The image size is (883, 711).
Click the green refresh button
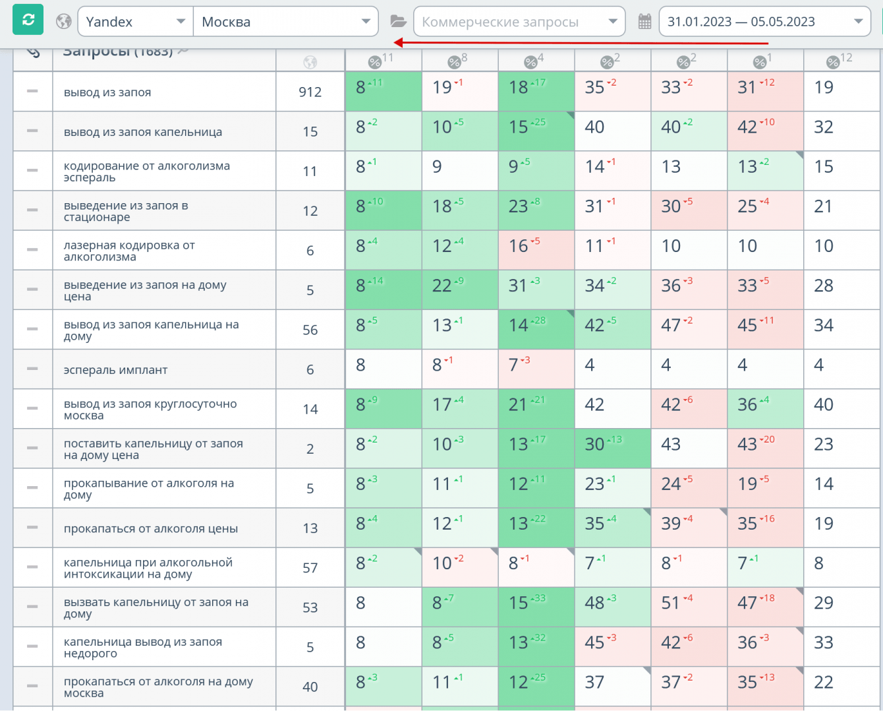(x=28, y=20)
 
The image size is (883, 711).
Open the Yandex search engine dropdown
(x=135, y=22)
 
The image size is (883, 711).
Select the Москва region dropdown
(x=285, y=22)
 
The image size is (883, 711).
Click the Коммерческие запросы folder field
(x=519, y=22)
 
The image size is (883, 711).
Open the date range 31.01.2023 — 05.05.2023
(x=764, y=22)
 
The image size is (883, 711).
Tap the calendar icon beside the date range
(x=645, y=22)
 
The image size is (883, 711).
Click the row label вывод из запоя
(x=107, y=92)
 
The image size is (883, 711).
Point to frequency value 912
(x=310, y=92)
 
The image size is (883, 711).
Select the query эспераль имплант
(x=115, y=370)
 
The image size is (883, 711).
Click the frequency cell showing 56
(x=310, y=330)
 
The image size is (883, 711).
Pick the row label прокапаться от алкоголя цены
(x=151, y=528)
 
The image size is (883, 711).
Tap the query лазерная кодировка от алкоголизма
(x=129, y=251)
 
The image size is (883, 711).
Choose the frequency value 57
(x=310, y=568)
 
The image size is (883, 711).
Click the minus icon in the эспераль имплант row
(x=32, y=369)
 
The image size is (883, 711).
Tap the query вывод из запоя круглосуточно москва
(x=150, y=410)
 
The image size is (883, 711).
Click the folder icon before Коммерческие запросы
(x=398, y=22)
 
